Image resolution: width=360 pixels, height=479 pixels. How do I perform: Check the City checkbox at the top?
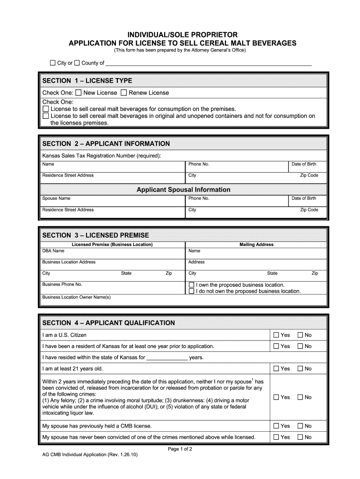(x=53, y=63)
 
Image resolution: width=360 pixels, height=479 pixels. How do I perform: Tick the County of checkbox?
(x=77, y=63)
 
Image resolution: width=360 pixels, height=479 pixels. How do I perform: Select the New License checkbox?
(x=79, y=93)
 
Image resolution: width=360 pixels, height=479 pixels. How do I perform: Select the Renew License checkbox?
(x=124, y=93)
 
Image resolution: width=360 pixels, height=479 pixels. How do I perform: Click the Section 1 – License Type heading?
(x=87, y=80)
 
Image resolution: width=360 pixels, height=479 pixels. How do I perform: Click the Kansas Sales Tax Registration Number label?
(x=101, y=156)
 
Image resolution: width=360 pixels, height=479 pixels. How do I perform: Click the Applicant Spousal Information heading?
(x=183, y=189)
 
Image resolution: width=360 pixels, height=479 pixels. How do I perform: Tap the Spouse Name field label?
(x=56, y=198)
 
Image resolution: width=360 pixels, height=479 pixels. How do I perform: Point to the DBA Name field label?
(x=53, y=251)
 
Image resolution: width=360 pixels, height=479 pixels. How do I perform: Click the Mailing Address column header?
(x=256, y=245)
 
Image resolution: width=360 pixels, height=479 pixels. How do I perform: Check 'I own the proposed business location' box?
(x=191, y=285)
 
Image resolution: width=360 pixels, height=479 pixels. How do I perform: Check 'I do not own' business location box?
(x=191, y=291)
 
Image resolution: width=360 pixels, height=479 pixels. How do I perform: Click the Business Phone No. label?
(x=62, y=284)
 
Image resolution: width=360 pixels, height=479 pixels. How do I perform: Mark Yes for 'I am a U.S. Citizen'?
(x=276, y=335)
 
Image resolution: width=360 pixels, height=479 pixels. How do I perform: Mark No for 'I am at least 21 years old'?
(x=300, y=369)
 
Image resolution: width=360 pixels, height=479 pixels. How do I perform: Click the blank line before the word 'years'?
(x=167, y=358)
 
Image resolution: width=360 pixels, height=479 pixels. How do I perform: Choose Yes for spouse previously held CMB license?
(x=276, y=426)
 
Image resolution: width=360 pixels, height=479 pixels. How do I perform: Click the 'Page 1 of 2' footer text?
(x=180, y=449)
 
